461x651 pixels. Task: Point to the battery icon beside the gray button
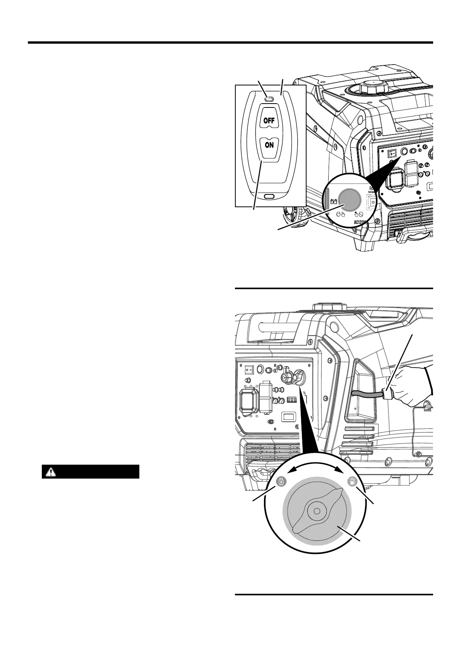coord(334,201)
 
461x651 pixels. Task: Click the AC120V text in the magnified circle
coord(363,222)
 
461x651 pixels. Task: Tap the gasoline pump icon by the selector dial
coord(352,482)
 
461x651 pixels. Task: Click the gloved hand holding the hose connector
coord(410,387)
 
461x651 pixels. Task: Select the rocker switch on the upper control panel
coord(392,153)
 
